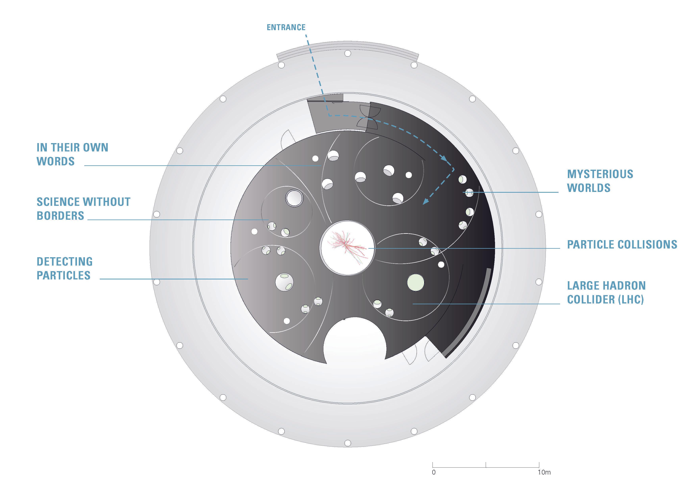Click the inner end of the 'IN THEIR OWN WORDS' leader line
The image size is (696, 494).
[321, 166]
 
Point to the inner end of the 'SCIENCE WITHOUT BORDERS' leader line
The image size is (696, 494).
[269, 220]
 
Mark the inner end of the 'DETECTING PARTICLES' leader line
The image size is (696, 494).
[248, 279]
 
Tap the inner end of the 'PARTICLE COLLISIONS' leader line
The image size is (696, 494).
[368, 248]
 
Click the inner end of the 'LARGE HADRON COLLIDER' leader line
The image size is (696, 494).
[413, 304]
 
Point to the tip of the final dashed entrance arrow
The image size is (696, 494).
[423, 204]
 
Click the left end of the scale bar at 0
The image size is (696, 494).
[433, 467]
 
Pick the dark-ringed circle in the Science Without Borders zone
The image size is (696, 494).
[294, 198]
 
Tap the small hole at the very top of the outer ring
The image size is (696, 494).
[348, 54]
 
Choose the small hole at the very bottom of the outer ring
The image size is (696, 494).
[348, 443]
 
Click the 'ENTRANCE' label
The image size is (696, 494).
[286, 27]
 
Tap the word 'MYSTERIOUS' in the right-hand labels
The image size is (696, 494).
[600, 174]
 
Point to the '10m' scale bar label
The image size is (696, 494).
[544, 472]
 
